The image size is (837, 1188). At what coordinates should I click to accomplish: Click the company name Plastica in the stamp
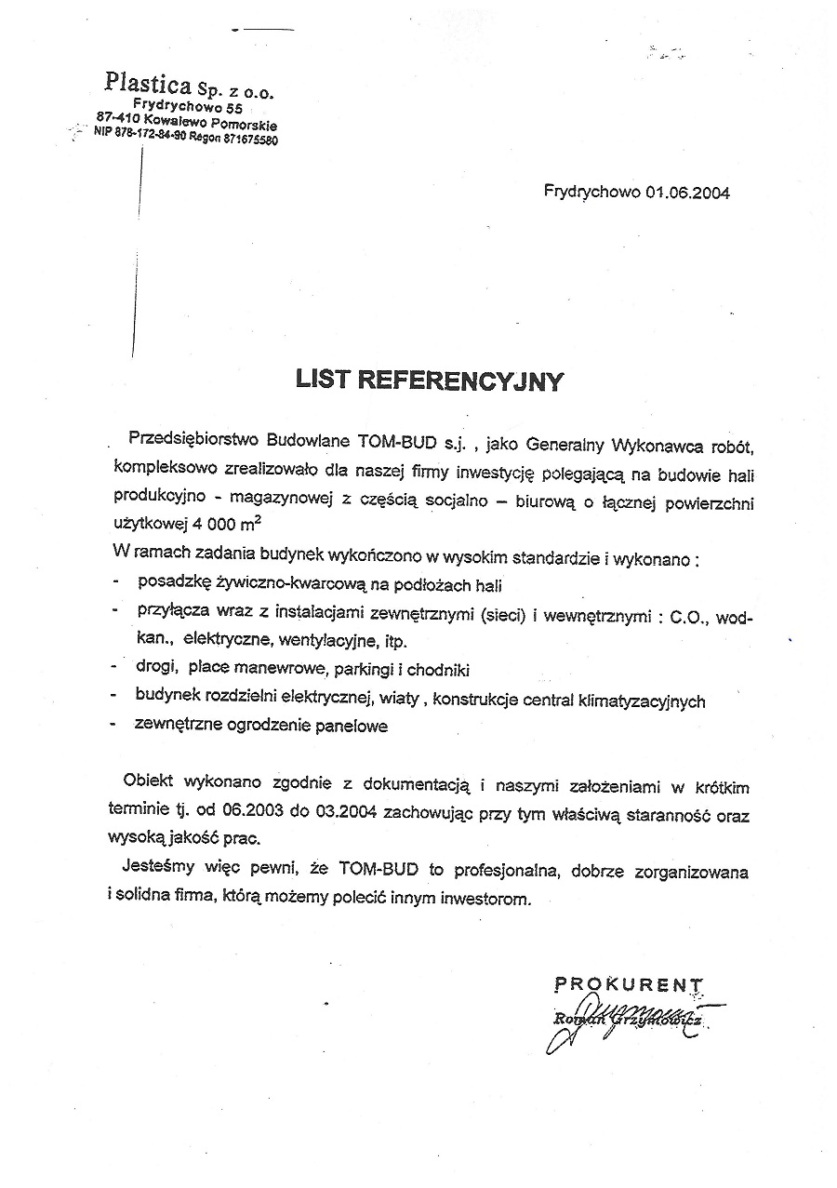(x=148, y=83)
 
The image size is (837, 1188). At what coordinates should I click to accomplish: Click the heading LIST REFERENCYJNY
(x=429, y=380)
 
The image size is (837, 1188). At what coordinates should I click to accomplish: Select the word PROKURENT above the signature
(x=629, y=983)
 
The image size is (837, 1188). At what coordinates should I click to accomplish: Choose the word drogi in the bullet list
(x=154, y=670)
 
